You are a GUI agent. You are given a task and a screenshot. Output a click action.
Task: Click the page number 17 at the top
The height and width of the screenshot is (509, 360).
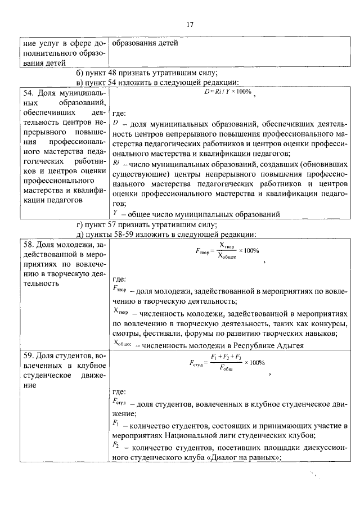pyautogui.click(x=190, y=24)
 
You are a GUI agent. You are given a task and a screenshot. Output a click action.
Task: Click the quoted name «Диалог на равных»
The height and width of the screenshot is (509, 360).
pyautogui.click(x=246, y=457)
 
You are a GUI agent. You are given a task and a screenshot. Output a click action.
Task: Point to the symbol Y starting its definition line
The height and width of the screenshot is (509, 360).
pyautogui.click(x=115, y=213)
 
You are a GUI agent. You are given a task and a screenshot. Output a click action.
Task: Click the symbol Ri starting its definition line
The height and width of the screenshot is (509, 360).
pyautogui.click(x=116, y=163)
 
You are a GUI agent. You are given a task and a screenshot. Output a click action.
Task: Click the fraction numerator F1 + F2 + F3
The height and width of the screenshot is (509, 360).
pyautogui.click(x=226, y=357)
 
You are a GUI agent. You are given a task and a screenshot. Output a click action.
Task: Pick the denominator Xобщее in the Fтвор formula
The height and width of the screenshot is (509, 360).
pyautogui.click(x=227, y=256)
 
